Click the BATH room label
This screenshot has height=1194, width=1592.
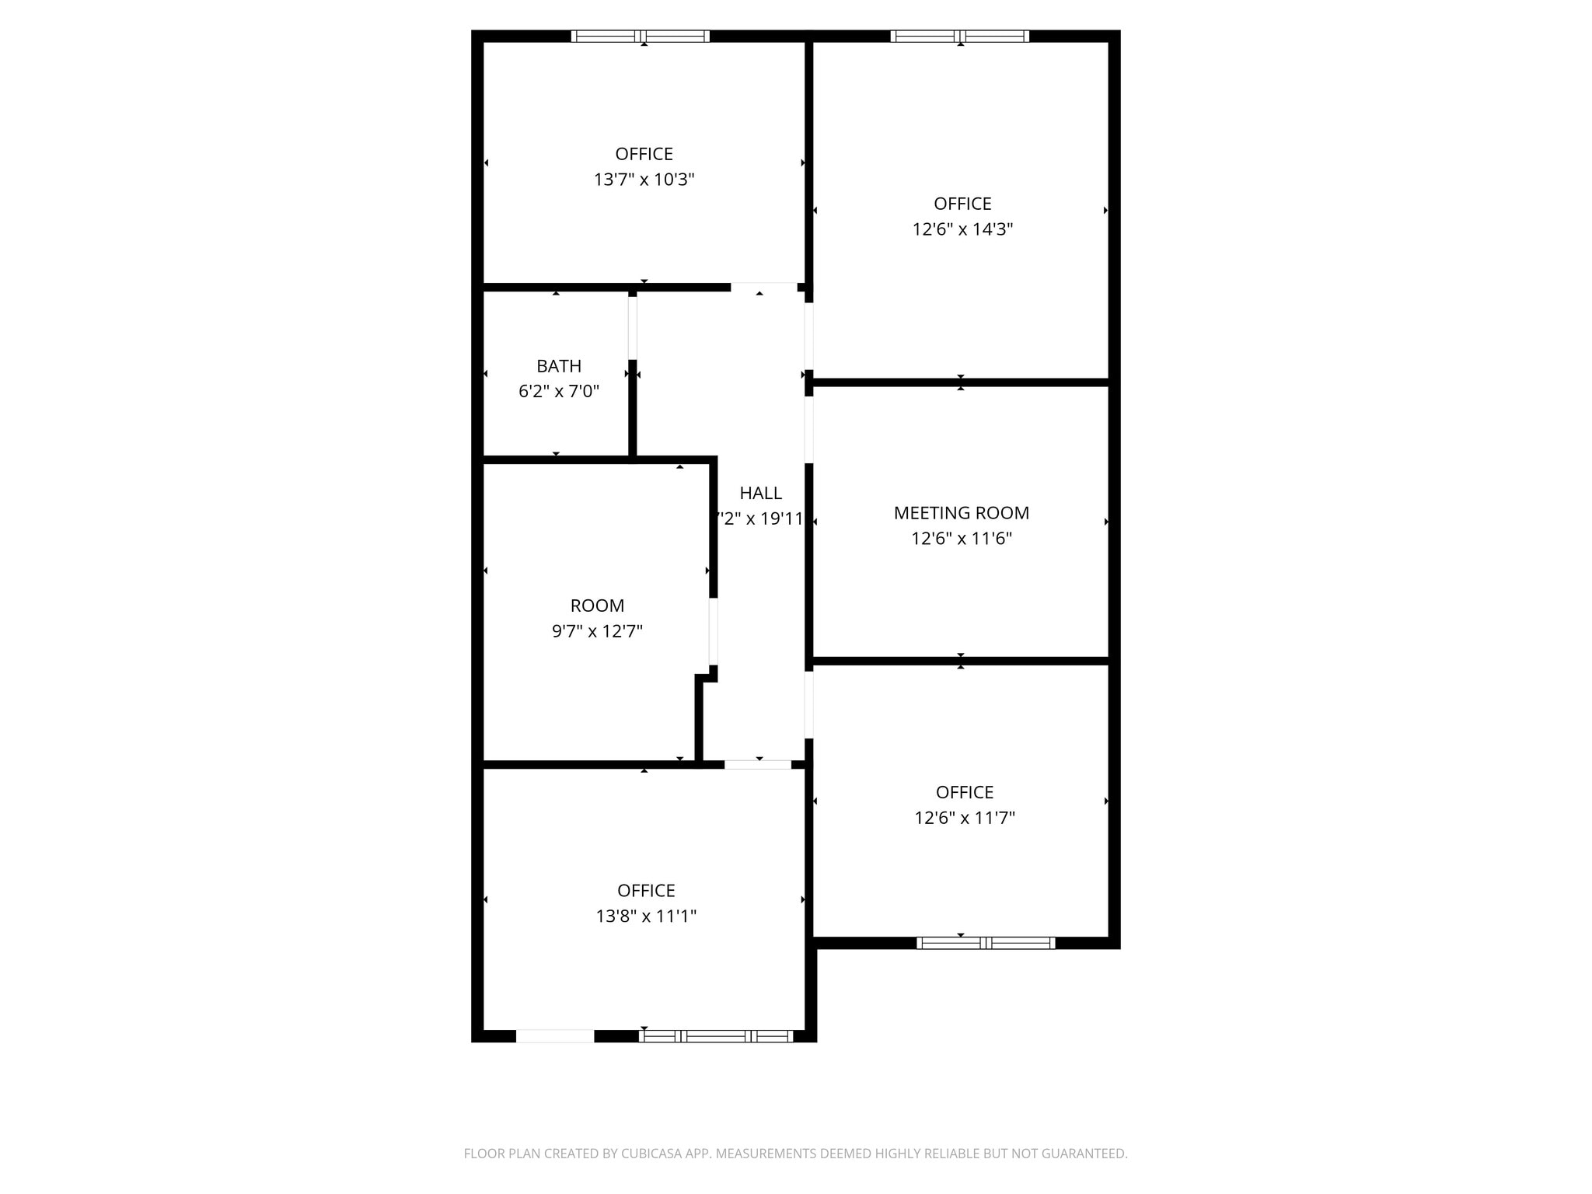[558, 366]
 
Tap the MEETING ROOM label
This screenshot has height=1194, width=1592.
[961, 513]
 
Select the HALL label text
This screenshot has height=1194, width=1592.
[760, 493]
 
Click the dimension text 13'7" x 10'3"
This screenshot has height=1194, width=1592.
[644, 180]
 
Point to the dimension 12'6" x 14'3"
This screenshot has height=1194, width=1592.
[962, 229]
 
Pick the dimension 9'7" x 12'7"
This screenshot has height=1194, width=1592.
[597, 631]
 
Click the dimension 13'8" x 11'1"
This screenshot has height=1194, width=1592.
[646, 916]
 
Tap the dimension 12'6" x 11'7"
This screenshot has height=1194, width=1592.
[965, 818]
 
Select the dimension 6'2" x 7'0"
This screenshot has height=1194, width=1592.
[558, 391]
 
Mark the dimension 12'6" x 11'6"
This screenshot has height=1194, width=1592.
[961, 539]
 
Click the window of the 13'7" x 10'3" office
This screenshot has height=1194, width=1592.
[641, 36]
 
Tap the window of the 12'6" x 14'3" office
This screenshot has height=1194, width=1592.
[959, 36]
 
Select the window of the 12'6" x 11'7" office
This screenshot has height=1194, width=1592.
[986, 943]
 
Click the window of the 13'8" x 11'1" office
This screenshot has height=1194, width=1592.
[716, 1035]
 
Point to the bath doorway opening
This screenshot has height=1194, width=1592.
[633, 328]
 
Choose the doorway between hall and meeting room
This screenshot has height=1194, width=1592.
[808, 430]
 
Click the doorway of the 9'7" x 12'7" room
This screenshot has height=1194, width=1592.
[713, 630]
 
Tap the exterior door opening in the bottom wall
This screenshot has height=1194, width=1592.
[555, 1035]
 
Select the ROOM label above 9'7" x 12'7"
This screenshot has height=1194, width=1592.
[597, 606]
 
